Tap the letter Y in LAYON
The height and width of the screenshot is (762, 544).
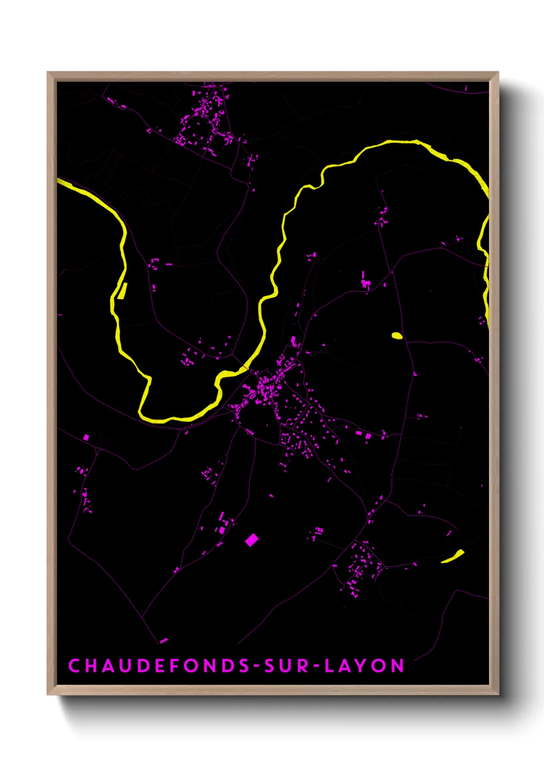pyautogui.click(x=362, y=666)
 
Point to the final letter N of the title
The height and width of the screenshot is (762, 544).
pyautogui.click(x=397, y=666)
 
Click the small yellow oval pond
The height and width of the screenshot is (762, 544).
pyautogui.click(x=397, y=336)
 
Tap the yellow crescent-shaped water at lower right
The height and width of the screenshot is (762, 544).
pyautogui.click(x=453, y=557)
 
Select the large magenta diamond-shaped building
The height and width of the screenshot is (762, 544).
pyautogui.click(x=251, y=540)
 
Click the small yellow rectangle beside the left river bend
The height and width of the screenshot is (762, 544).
pyautogui.click(x=123, y=291)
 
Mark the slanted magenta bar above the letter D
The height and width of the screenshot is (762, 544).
pyautogui.click(x=164, y=640)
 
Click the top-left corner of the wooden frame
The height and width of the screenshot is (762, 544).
pyautogui.click(x=48, y=73)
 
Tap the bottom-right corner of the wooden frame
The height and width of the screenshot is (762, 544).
pyautogui.click(x=498, y=695)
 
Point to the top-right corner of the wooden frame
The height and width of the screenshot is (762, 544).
pyautogui.click(x=498, y=73)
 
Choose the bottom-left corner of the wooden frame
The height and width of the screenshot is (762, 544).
pyautogui.click(x=48, y=695)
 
